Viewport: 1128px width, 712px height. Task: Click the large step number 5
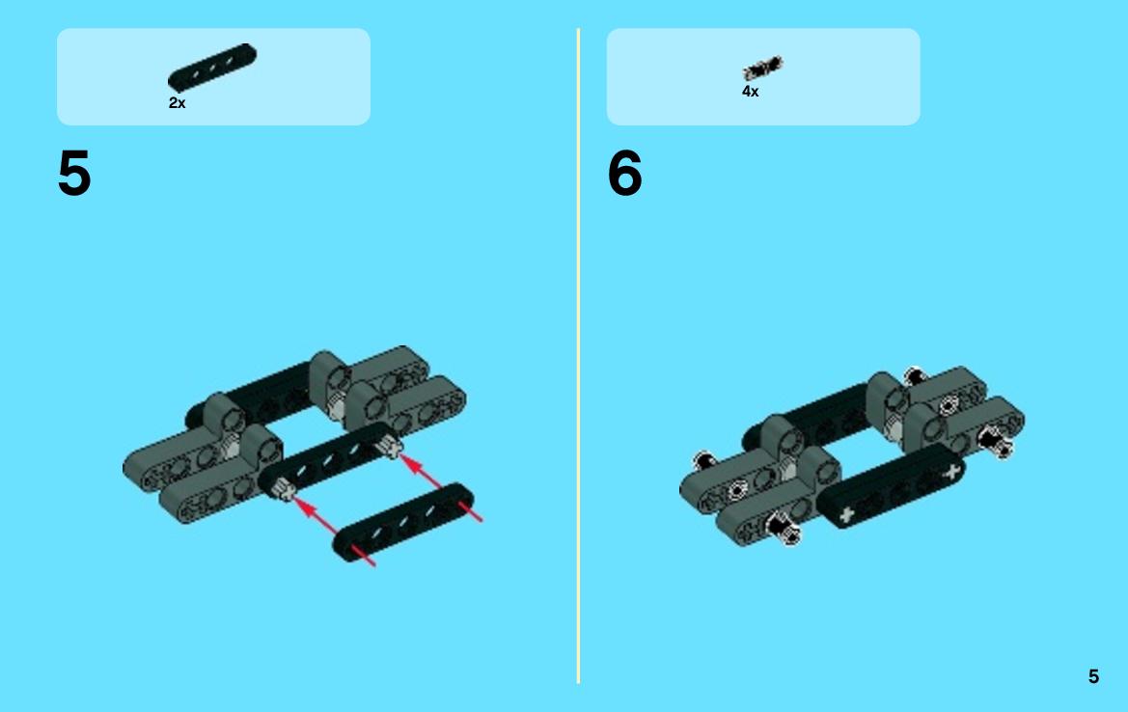point(74,173)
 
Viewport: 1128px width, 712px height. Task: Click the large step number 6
point(624,173)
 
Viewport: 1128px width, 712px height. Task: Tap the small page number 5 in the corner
point(1093,676)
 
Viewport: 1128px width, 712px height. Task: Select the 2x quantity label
point(177,103)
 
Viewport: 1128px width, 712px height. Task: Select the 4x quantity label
point(751,92)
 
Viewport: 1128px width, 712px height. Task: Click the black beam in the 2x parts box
point(212,67)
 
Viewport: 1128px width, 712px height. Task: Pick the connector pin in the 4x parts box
point(762,68)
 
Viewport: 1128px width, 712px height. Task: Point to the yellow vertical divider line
point(578,355)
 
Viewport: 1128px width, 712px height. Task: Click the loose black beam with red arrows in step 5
point(403,522)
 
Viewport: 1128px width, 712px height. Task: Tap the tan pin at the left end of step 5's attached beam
point(283,490)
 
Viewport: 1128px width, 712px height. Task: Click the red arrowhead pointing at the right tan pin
point(412,463)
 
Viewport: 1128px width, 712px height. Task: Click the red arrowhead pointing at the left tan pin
point(306,508)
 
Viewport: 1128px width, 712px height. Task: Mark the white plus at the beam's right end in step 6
point(951,473)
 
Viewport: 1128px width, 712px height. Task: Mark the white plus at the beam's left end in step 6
point(846,514)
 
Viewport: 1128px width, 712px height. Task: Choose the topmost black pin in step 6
point(914,374)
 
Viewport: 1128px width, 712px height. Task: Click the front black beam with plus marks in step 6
point(891,487)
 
